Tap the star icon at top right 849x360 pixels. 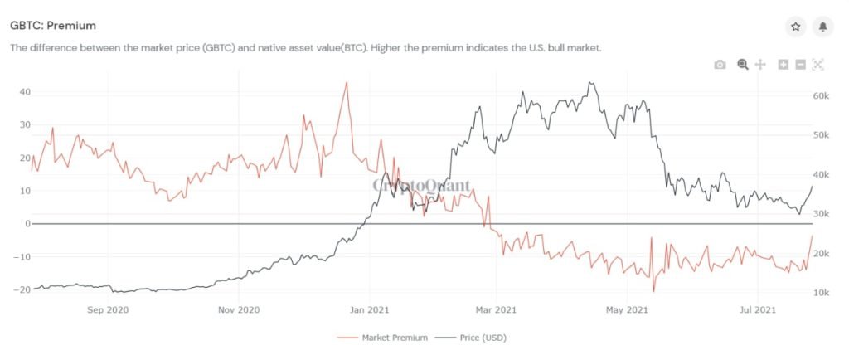pos(795,27)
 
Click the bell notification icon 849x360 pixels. pos(822,27)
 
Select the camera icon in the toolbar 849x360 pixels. pos(720,65)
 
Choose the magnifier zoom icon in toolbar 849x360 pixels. pos(743,65)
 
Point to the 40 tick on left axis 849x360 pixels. pos(25,92)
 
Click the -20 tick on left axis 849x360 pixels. pos(22,289)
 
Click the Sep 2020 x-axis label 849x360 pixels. pos(108,311)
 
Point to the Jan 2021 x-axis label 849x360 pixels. pos(368,311)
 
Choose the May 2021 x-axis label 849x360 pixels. pos(627,311)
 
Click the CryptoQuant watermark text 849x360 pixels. pos(421,186)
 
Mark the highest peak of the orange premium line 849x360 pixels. pos(347,83)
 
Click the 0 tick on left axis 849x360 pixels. pos(27,224)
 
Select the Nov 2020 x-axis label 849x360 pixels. pos(238,311)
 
